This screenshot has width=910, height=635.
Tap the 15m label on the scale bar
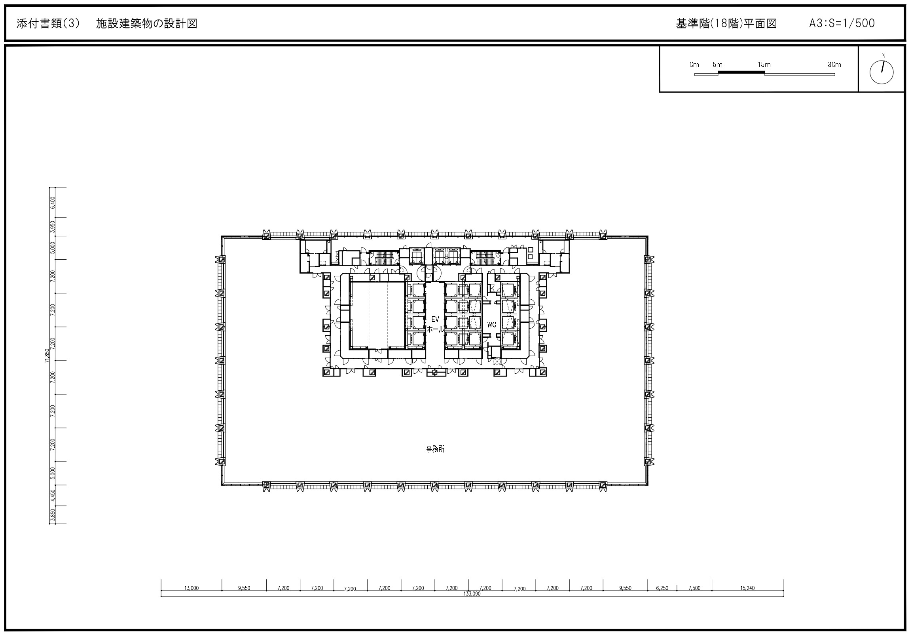pos(764,65)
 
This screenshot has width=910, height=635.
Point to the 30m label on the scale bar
pos(834,65)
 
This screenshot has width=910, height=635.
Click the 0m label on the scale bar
pos(694,65)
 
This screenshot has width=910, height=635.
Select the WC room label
pos(492,325)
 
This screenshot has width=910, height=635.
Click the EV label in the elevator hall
pos(435,319)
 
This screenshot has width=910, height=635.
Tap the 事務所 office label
pos(435,449)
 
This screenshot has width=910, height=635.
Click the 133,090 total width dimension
pos(472,594)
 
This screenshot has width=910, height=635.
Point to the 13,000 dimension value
pos(191,588)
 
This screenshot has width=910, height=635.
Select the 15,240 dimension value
pos(747,588)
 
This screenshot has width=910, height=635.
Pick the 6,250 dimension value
pos(662,588)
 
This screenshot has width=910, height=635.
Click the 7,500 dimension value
pos(694,588)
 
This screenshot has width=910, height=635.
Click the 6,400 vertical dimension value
pos(53,203)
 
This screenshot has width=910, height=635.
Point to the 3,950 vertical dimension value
pos(53,227)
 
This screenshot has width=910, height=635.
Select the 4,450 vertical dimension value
pos(53,495)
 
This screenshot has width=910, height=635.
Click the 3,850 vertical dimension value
pos(53,515)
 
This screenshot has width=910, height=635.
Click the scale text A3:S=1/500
pos(842,23)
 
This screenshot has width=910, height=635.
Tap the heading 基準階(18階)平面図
pos(726,23)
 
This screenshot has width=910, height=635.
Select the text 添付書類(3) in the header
pos(48,23)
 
